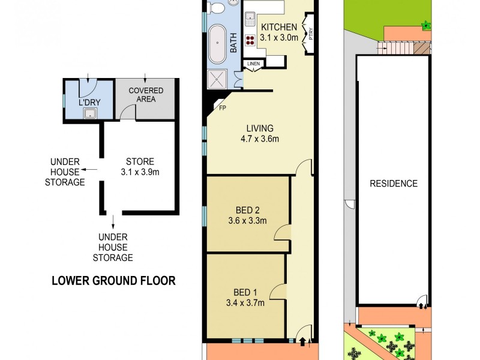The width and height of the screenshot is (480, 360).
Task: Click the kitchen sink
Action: click(x=249, y=17)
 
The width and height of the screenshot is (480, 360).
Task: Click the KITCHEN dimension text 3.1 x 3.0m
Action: click(x=279, y=37)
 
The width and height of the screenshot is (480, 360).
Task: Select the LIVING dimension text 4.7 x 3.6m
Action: click(x=260, y=139)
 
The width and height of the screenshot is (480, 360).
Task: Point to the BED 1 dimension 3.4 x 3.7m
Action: click(x=244, y=302)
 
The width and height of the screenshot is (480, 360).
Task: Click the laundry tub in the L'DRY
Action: click(x=90, y=113)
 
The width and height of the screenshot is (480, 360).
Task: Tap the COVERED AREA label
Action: click(x=146, y=95)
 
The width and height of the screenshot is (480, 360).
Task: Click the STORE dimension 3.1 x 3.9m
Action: click(x=140, y=172)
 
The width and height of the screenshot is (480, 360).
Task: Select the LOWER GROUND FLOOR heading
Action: click(x=113, y=280)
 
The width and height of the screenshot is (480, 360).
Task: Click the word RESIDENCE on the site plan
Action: click(x=393, y=184)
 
